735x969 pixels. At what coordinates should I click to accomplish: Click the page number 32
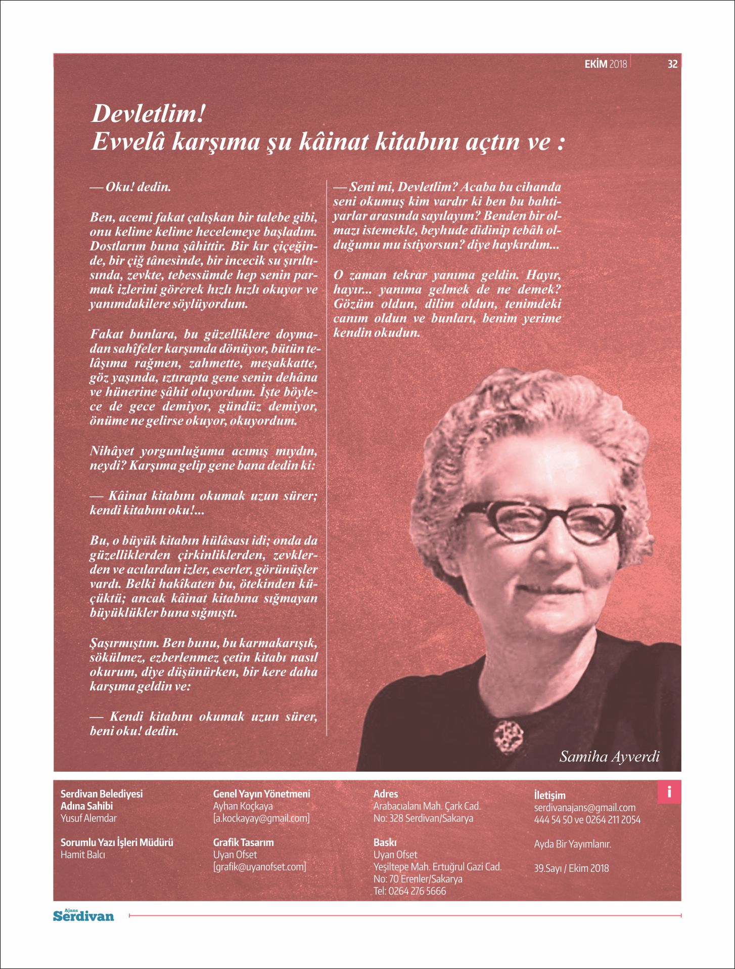coord(672,64)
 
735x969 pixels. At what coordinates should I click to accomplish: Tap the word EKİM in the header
coord(595,64)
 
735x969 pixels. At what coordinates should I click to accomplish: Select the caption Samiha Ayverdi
coord(609,756)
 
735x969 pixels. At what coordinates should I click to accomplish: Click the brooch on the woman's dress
coord(507,735)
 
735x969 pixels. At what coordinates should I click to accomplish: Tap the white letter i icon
coord(669,792)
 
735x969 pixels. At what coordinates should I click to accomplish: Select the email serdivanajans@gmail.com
coord(584,808)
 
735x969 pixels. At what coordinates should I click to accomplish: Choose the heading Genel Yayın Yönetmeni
coord(261,794)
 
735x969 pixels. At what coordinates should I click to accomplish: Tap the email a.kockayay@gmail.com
coord(261,818)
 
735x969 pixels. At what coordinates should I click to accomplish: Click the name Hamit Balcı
coord(83,855)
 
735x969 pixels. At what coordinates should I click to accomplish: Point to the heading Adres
coord(386,794)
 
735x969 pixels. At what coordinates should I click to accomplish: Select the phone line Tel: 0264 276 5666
coord(409,891)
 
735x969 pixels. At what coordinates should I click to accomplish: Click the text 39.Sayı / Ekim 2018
coord(571,868)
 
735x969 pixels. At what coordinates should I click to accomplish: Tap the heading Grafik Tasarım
coord(243,842)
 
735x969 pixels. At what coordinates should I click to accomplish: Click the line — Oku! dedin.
coord(130,187)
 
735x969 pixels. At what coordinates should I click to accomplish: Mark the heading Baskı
coord(385,842)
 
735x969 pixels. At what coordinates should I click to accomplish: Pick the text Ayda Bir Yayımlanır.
coord(572,844)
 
